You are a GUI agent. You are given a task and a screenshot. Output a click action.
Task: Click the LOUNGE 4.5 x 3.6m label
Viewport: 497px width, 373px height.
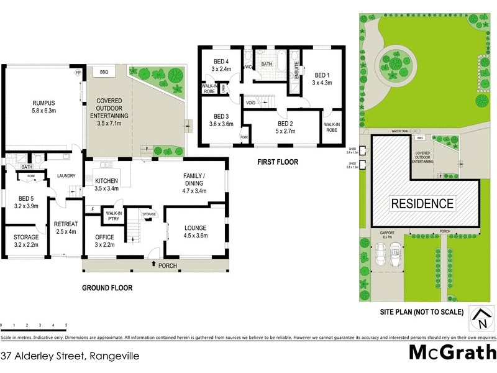click(x=194, y=232)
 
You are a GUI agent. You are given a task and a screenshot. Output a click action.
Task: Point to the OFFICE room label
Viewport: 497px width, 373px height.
click(x=104, y=241)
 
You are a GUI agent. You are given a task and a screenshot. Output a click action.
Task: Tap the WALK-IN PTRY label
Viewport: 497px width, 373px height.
click(x=113, y=216)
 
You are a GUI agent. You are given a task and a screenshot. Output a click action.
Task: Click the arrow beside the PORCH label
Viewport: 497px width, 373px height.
click(x=153, y=265)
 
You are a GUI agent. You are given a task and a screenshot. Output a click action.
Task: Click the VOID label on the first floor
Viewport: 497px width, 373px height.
click(x=251, y=103)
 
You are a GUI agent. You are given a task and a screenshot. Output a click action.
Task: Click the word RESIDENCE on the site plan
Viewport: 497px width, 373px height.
click(x=422, y=203)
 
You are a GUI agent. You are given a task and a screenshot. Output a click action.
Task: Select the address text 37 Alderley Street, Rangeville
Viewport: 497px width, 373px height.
click(x=70, y=356)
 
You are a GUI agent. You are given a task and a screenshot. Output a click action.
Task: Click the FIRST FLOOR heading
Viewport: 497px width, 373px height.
click(x=278, y=162)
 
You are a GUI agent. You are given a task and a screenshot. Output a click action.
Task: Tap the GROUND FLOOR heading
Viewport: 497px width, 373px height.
click(x=107, y=288)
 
